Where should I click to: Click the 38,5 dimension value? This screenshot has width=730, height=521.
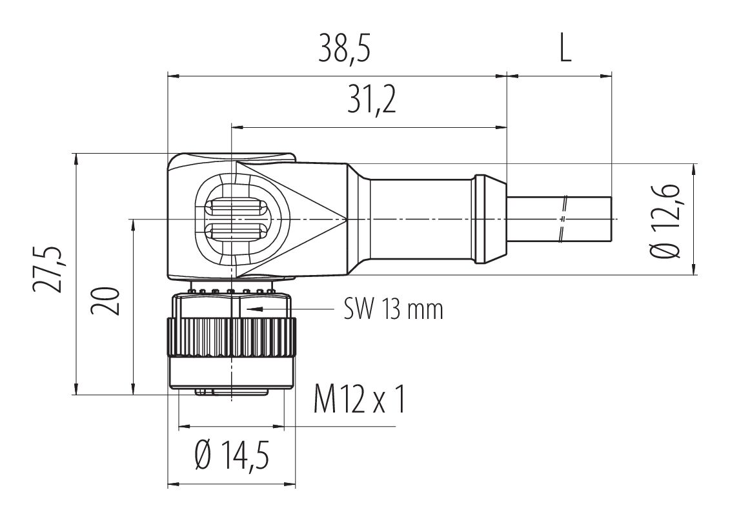click(345, 48)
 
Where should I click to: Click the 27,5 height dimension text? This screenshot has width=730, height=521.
click(48, 269)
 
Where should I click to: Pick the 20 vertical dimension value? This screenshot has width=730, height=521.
click(106, 301)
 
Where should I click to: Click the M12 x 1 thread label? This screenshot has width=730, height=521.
click(359, 399)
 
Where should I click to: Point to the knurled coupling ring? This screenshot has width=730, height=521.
click(231, 337)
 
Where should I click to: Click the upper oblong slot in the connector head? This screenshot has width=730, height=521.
click(234, 207)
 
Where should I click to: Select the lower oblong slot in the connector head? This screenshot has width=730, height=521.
click(234, 230)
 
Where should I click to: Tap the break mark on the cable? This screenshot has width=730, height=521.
click(563, 219)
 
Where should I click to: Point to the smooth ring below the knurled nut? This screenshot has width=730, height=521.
click(231, 373)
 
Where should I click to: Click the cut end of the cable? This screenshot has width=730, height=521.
click(611, 219)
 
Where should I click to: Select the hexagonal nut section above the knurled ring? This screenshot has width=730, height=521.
click(231, 305)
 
